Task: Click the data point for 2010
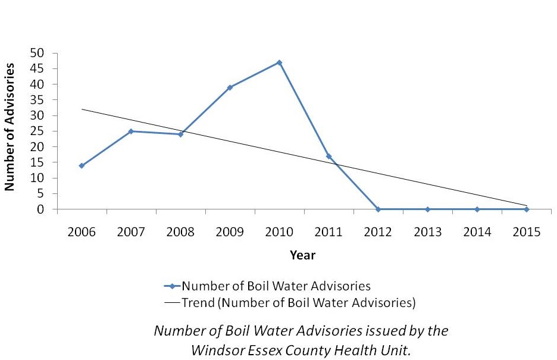coord(279,62)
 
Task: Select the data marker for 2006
coord(82,165)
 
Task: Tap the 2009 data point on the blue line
coord(230,87)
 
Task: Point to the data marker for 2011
coord(328,156)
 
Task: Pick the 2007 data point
coord(131,131)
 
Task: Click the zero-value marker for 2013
coord(427,209)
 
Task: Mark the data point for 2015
coord(526,209)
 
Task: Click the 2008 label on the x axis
coord(180,232)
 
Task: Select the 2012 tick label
coord(378,232)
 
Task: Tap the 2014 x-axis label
coord(477,232)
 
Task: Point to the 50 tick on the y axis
coord(37,53)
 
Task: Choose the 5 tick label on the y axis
coord(40,193)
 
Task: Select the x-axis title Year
coord(302,255)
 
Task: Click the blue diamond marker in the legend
coord(172,286)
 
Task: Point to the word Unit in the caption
coord(398,350)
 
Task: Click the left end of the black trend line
coord(82,109)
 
